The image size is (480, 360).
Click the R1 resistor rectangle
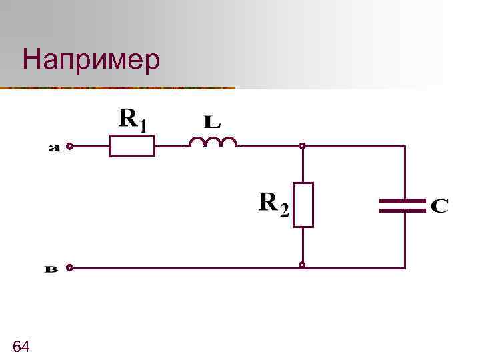click(132, 145)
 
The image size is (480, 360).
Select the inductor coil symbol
click(213, 142)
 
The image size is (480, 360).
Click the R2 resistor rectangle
click(303, 204)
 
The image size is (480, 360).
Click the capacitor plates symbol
click(403, 205)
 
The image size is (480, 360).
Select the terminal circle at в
click(69, 267)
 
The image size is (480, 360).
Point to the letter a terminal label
click(54, 149)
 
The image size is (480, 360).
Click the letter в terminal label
click(52, 269)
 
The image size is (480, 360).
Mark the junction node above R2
click(302, 145)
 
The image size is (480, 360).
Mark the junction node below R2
click(302, 265)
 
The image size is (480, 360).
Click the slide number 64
click(21, 346)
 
